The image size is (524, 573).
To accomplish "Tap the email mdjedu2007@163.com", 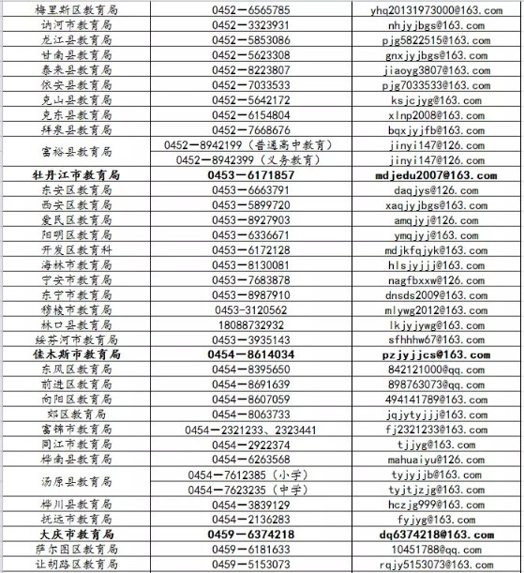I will click(436, 175).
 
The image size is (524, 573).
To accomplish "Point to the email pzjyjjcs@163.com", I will click(436, 354).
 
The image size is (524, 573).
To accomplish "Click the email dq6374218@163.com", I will click(436, 534).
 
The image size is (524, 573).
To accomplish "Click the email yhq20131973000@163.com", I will click(436, 10).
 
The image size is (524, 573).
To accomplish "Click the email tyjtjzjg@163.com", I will click(436, 489).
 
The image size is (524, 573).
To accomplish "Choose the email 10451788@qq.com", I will click(436, 549).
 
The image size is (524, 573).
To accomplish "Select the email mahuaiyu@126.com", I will click(436, 459).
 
